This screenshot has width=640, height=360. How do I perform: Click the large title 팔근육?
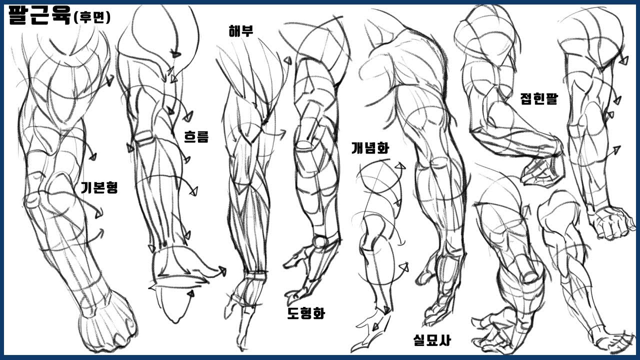pos(39,15)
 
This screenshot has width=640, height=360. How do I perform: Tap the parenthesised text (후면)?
pos(91,17)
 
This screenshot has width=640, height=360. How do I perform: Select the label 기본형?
pos(99,187)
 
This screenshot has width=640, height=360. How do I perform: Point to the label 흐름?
pos(196,136)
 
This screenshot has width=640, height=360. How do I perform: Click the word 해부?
pos(240,31)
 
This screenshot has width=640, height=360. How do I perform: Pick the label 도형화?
pos(305,313)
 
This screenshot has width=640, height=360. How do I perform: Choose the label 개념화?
pos(370,147)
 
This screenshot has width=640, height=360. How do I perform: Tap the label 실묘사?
pos(432,340)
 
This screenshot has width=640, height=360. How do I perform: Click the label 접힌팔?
pos(539,98)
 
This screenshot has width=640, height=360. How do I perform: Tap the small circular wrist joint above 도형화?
pos(320,241)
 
